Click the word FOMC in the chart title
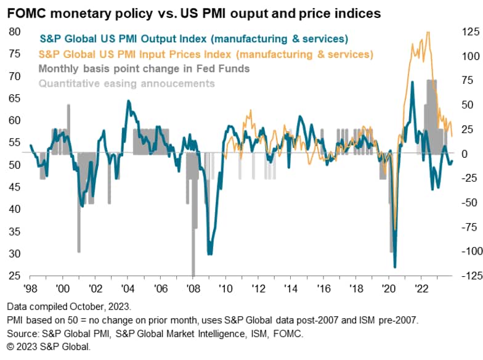pyautogui.click(x=23, y=12)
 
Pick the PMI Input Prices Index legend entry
pyautogui.click(x=206, y=54)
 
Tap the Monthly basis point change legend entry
pyautogui.click(x=145, y=68)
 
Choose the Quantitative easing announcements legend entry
pyautogui.click(x=127, y=83)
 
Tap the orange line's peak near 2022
pyautogui.click(x=428, y=33)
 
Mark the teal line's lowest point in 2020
pyautogui.click(x=395, y=267)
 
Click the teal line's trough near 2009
pyautogui.click(x=210, y=253)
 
